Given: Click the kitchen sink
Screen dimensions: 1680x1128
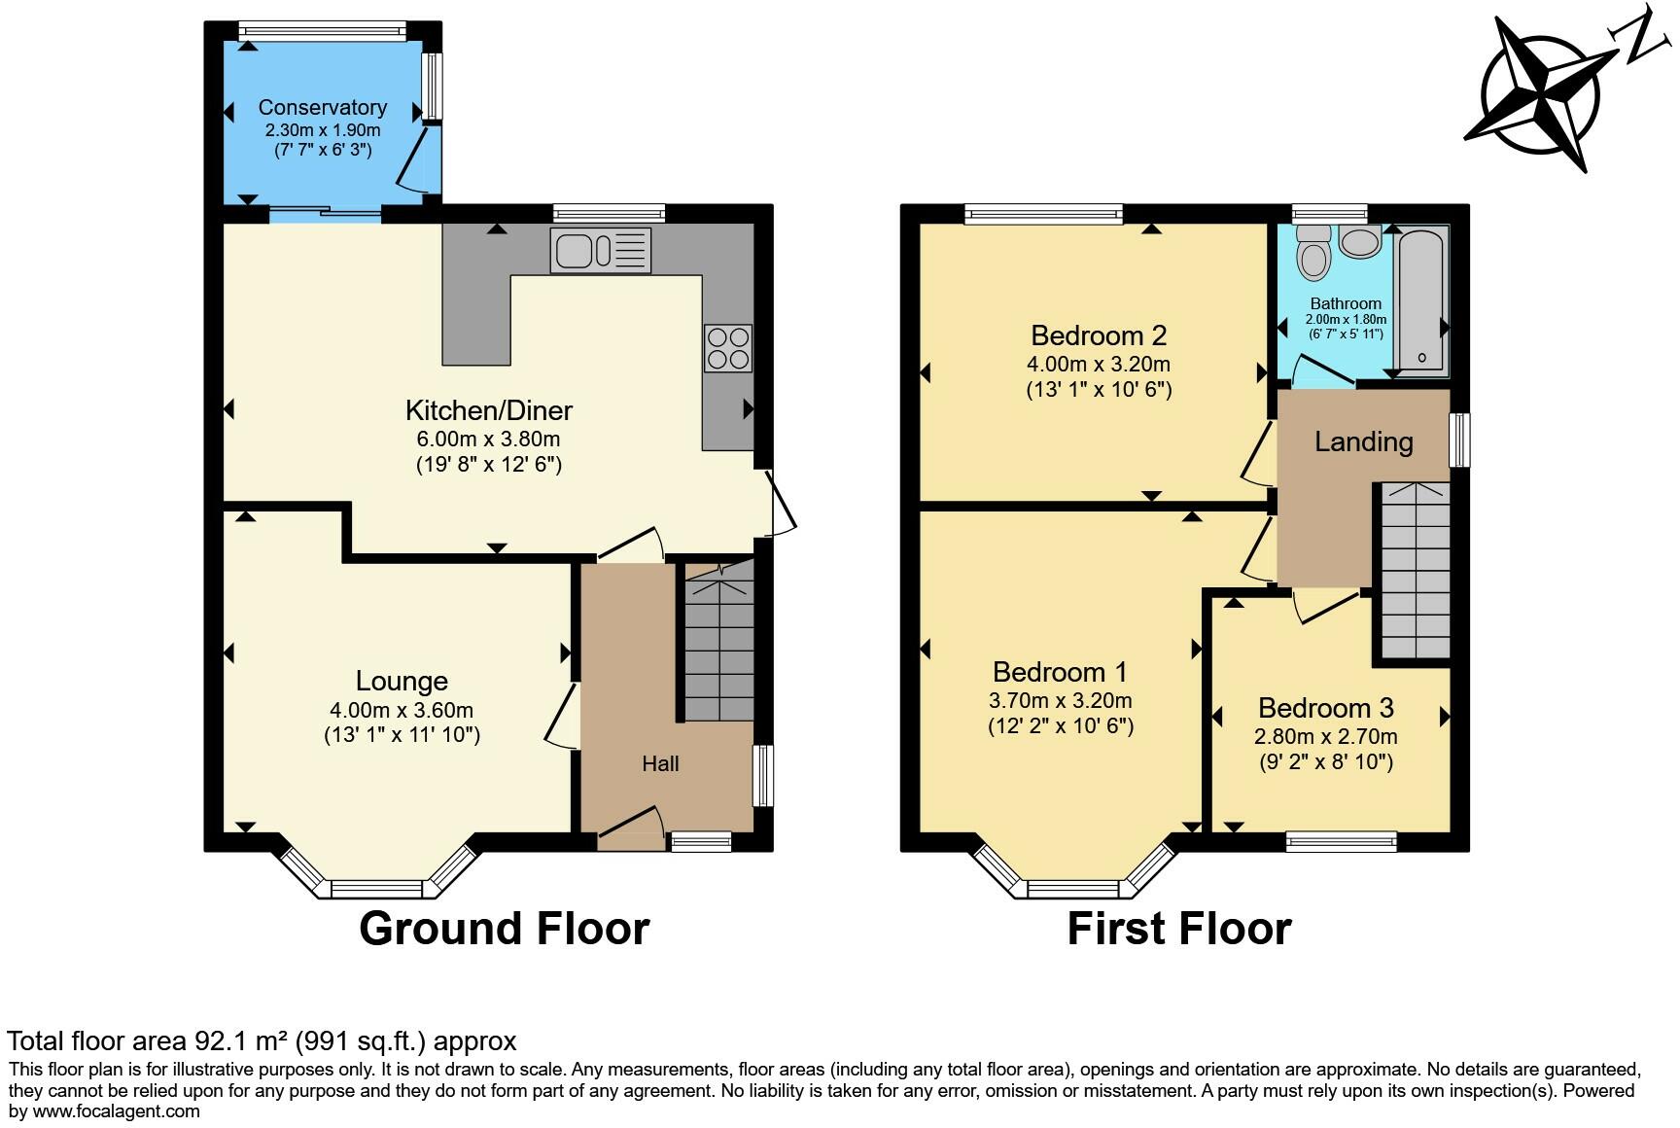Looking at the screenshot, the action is tap(601, 250).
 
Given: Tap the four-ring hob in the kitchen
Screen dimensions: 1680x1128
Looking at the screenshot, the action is tap(728, 347).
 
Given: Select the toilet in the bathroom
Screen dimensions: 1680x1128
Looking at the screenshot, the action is tap(1313, 252).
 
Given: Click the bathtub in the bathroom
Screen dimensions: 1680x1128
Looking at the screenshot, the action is tap(1422, 300).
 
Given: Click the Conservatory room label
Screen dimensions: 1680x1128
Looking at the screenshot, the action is tap(323, 107).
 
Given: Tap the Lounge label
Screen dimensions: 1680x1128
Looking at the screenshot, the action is tap(402, 681).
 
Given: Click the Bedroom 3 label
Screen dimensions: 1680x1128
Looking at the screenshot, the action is tap(1326, 707).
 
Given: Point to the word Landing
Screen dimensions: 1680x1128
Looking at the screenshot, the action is tap(1364, 442).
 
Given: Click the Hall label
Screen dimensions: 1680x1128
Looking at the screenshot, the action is tap(660, 764).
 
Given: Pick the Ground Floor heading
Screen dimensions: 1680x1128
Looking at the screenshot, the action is tap(505, 929).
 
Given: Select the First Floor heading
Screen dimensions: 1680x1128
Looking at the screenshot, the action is tap(1179, 929).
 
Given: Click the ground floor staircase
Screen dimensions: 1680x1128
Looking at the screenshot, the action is tap(719, 642).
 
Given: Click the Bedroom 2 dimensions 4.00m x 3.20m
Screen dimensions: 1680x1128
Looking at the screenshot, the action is tap(1099, 365).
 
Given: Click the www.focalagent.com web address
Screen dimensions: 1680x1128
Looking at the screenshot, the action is tap(117, 1110).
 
